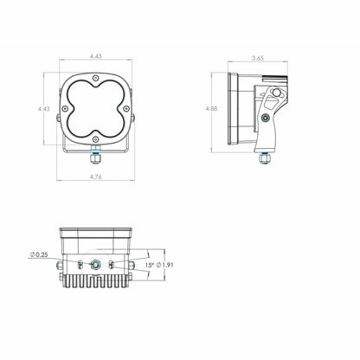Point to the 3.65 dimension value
tap(257, 58)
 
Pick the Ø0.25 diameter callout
tap(37, 254)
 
